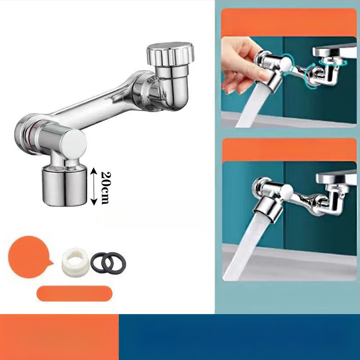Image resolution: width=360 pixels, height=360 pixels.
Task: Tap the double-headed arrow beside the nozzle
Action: coord(94,186)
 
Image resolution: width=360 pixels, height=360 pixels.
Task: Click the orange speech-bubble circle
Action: coord(29,257)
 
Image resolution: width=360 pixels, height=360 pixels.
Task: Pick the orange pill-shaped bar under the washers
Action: coord(74,293)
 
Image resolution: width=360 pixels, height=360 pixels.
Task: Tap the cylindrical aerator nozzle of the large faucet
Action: coord(64,185)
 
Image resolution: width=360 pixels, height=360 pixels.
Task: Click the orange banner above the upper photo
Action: coord(289,22)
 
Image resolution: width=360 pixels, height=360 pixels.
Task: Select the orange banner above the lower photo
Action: coord(289,150)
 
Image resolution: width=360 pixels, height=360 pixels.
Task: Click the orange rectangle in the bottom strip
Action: coord(59,337)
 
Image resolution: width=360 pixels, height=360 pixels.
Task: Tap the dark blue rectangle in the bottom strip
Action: coord(239,337)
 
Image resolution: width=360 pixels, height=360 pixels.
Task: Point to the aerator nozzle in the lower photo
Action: coord(266,209)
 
